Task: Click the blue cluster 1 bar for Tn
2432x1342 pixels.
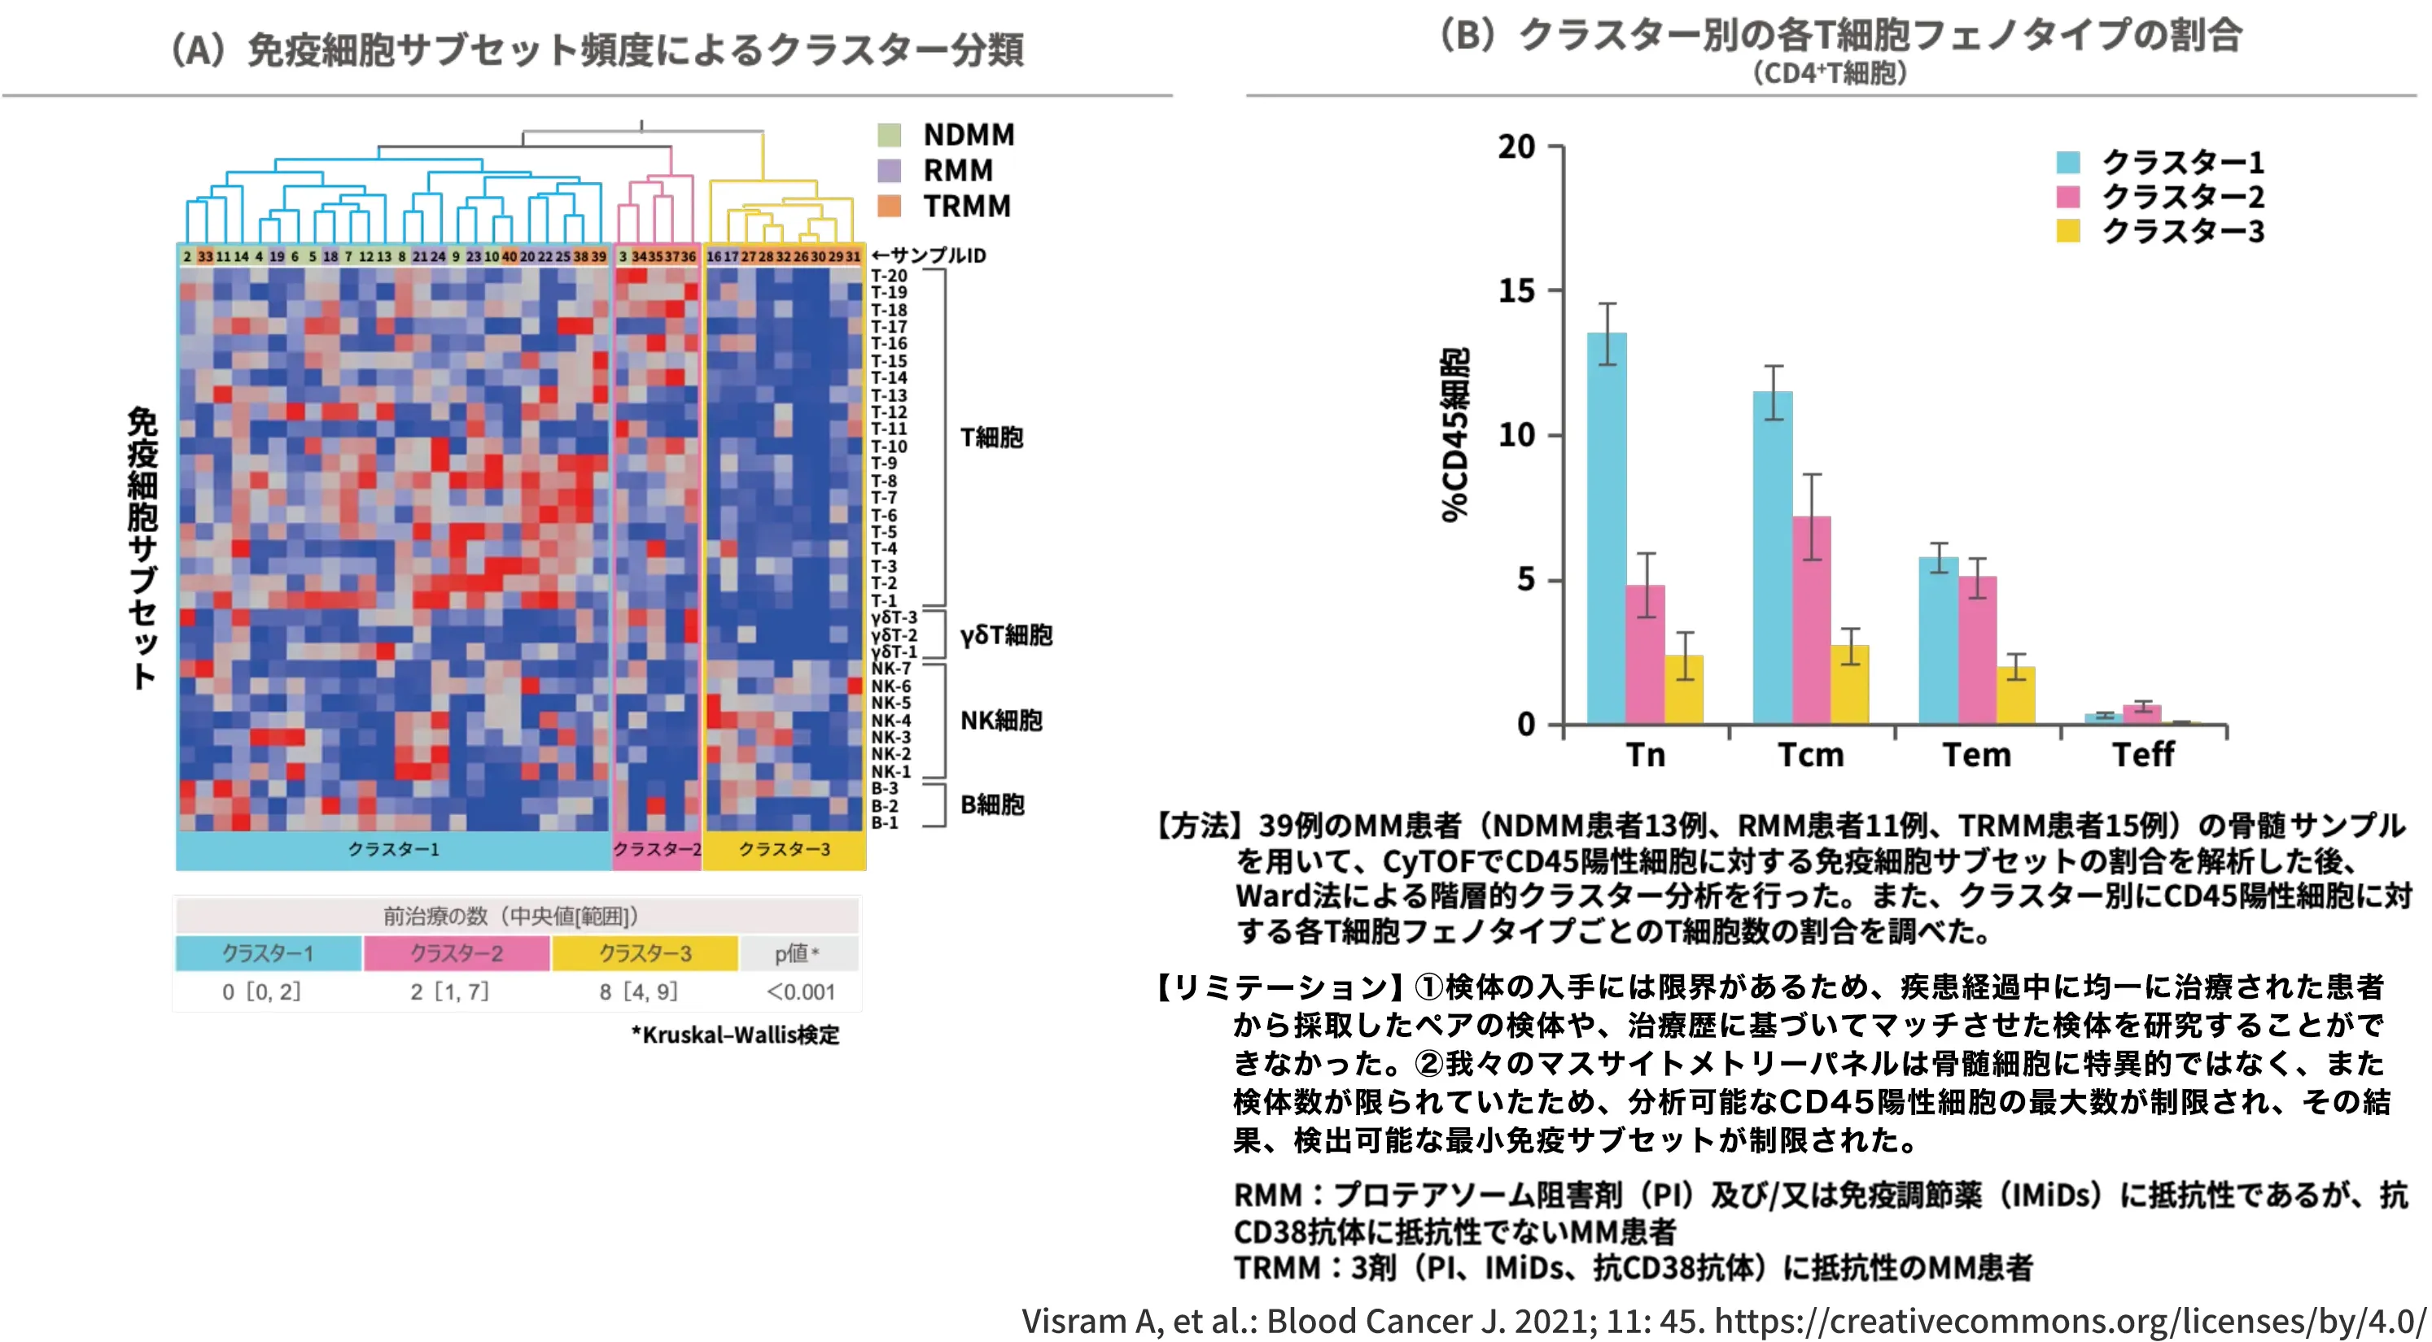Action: click(x=1606, y=529)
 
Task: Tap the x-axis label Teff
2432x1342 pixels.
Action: click(x=2143, y=755)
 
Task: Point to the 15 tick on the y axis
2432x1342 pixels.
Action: click(x=1517, y=290)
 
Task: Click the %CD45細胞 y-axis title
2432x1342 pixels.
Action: click(x=1454, y=434)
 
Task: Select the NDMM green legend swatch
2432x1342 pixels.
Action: click(x=889, y=135)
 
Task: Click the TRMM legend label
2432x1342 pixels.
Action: click(x=967, y=206)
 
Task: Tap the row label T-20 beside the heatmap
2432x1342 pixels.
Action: click(x=889, y=276)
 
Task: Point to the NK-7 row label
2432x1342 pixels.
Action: click(x=890, y=669)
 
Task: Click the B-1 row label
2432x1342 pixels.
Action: click(x=885, y=823)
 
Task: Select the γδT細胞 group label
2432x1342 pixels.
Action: click(x=1006, y=634)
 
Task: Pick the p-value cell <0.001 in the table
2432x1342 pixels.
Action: click(x=801, y=992)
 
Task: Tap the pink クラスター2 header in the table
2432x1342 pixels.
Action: click(x=456, y=953)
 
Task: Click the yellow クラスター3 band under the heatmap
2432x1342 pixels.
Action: click(x=784, y=849)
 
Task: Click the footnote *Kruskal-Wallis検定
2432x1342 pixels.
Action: click(x=736, y=1035)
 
